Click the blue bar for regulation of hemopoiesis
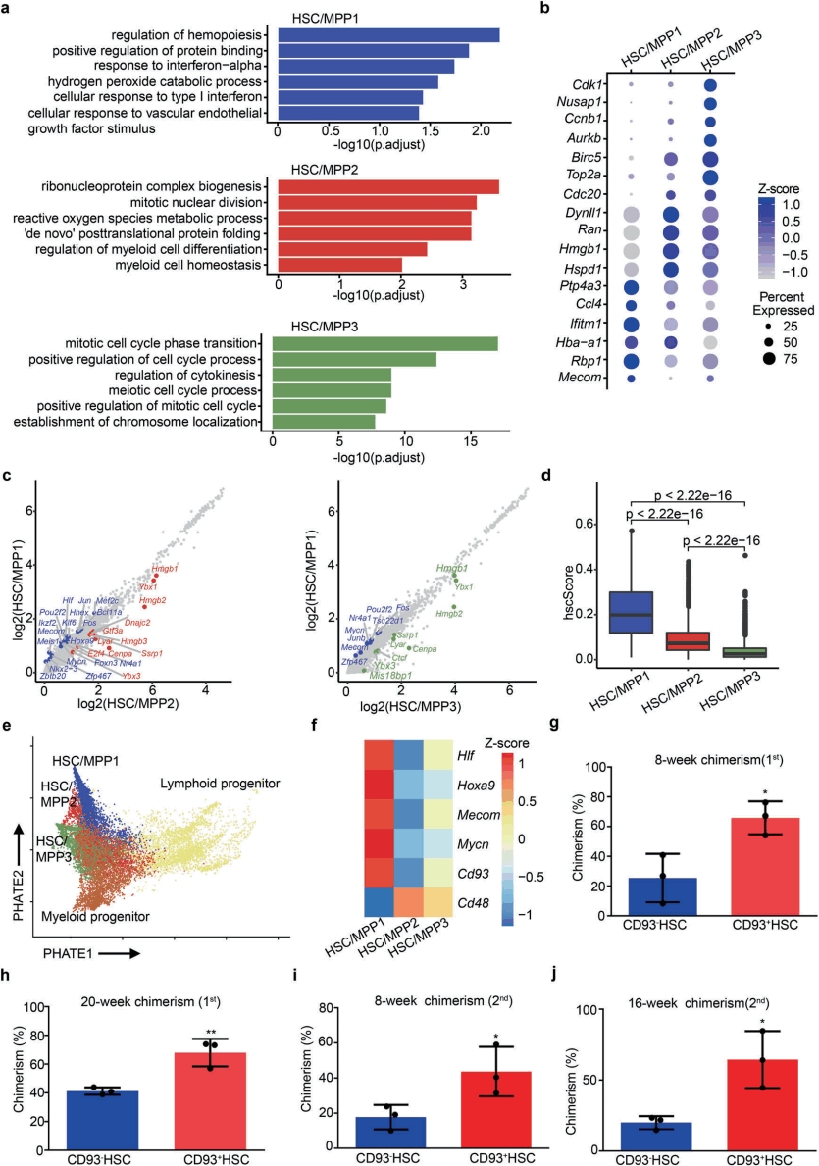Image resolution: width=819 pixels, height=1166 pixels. pos(388,35)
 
